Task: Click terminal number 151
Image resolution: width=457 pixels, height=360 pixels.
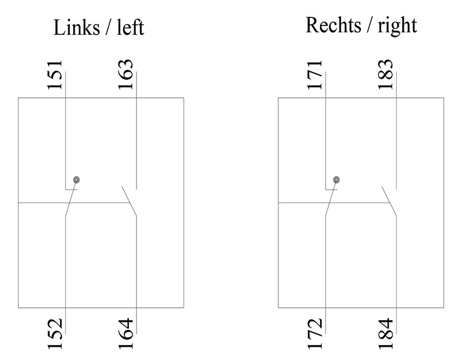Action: coord(55,75)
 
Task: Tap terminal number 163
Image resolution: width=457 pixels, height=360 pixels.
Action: coord(126,75)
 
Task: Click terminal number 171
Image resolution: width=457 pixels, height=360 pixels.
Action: coord(315,75)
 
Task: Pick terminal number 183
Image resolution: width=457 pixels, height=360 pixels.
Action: coord(386,75)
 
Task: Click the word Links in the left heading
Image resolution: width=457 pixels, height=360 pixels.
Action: coord(75,27)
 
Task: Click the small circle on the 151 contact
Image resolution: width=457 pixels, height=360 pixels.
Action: coord(76,180)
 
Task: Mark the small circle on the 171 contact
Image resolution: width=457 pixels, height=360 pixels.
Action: coord(336,180)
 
